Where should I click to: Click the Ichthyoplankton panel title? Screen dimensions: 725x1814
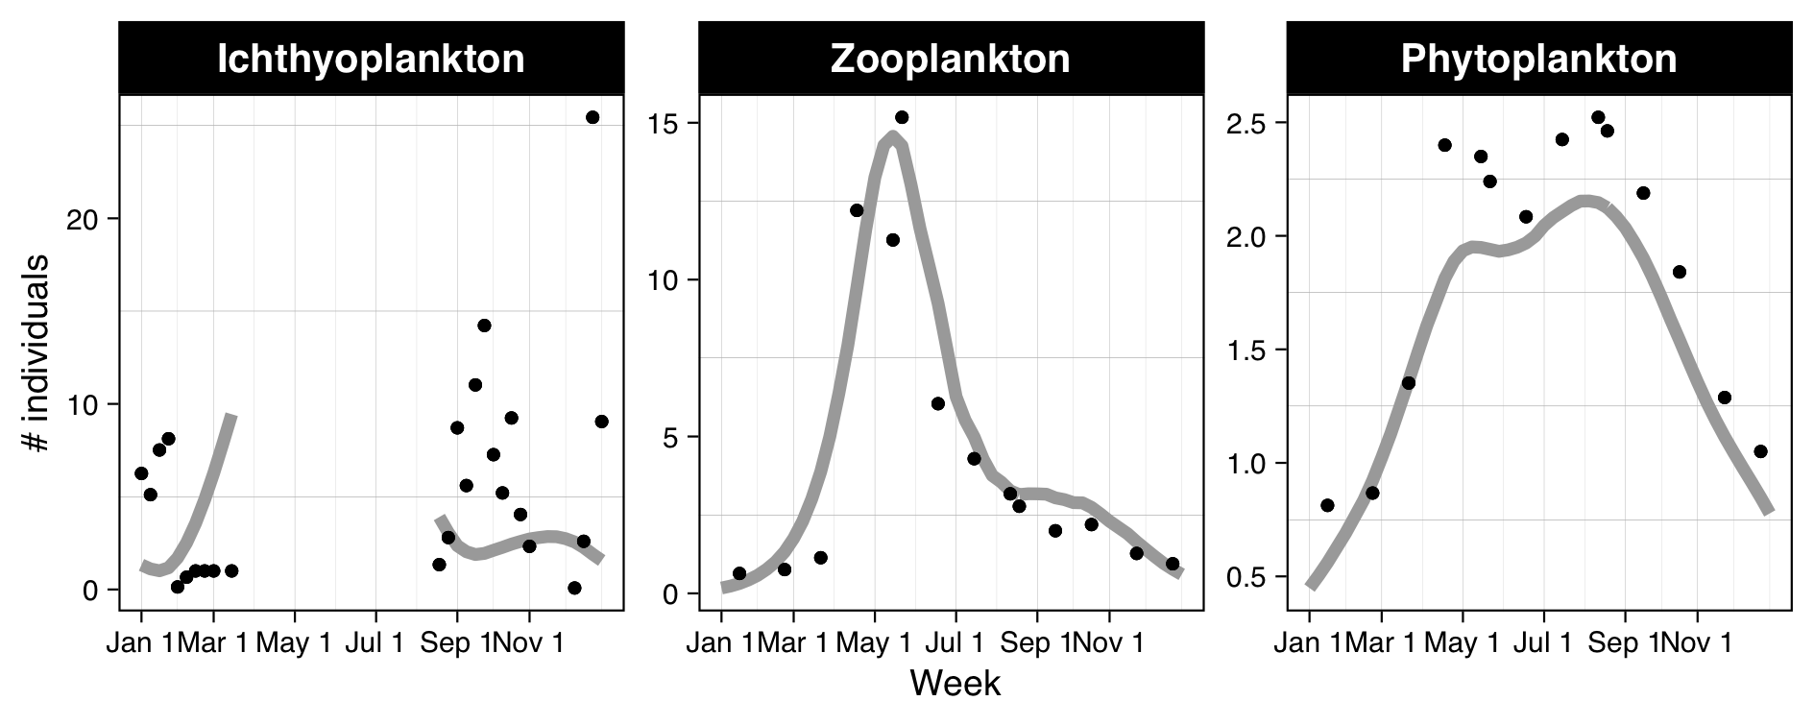pyautogui.click(x=371, y=60)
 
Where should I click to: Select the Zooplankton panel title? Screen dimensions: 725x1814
pyautogui.click(x=950, y=60)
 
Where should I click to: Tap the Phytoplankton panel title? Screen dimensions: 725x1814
pyautogui.click(x=1538, y=60)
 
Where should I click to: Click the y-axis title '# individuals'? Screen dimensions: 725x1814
pyautogui.click(x=36, y=352)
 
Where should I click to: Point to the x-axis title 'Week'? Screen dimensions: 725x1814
pyautogui.click(x=955, y=684)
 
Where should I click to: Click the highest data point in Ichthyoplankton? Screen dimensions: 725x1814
pyautogui.click(x=593, y=117)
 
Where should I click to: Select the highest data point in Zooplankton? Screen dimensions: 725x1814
pyautogui.click(x=901, y=117)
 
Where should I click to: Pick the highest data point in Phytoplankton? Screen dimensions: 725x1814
pyautogui.click(x=1598, y=117)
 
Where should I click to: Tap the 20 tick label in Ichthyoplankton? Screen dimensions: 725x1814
pyautogui.click(x=84, y=219)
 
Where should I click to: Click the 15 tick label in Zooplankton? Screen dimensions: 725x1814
pyautogui.click(x=664, y=125)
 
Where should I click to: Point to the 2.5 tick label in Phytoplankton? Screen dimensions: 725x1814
pyautogui.click(x=1246, y=124)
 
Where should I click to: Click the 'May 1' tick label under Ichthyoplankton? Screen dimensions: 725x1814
pyautogui.click(x=293, y=643)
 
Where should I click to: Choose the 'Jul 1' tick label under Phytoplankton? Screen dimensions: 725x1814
pyautogui.click(x=1543, y=643)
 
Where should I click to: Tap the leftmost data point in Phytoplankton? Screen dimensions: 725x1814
pyautogui.click(x=1327, y=505)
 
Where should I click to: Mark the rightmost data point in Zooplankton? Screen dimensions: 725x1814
pyautogui.click(x=1173, y=564)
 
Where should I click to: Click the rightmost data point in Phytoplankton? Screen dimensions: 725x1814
pyautogui.click(x=1760, y=451)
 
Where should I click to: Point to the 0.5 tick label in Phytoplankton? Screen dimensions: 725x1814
pyautogui.click(x=1246, y=577)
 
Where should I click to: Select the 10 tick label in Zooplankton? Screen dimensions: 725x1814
pyautogui.click(x=664, y=281)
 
